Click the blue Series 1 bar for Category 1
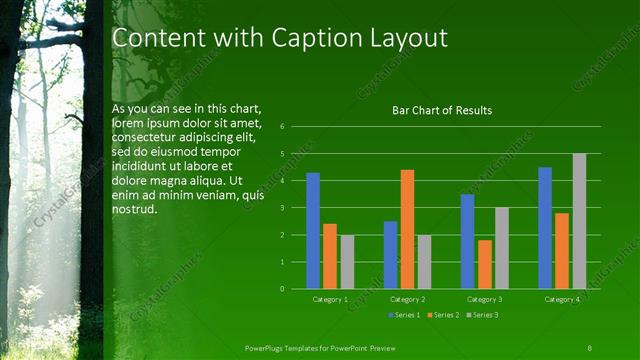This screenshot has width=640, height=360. pyautogui.click(x=313, y=231)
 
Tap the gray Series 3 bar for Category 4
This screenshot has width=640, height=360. pyautogui.click(x=579, y=221)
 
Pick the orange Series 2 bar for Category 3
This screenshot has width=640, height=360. pyautogui.click(x=485, y=264)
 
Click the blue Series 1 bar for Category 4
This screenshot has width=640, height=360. pyautogui.click(x=545, y=228)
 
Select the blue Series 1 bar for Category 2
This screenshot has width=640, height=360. pyautogui.click(x=390, y=255)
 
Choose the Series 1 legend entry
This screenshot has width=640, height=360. pyautogui.click(x=403, y=315)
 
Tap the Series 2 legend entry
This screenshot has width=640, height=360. pyautogui.click(x=442, y=315)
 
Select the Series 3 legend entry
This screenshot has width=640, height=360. pyautogui.click(x=481, y=315)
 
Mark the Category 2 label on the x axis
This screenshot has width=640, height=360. pyautogui.click(x=408, y=299)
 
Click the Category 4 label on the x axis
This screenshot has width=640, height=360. pyautogui.click(x=562, y=299)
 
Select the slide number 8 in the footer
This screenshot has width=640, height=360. pyautogui.click(x=590, y=347)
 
